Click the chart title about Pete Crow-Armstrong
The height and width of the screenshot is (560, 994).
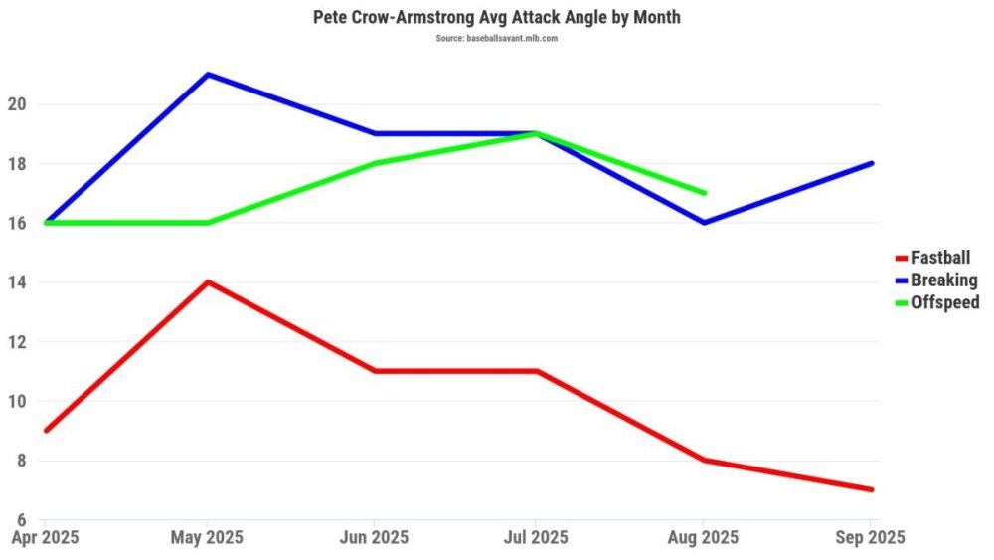[497, 18]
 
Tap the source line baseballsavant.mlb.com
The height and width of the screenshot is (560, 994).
[496, 38]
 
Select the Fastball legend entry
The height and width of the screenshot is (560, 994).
[939, 258]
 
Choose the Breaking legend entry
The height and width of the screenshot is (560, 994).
[943, 280]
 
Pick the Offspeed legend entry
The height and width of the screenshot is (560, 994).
[944, 302]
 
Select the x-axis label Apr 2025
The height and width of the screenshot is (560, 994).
[45, 538]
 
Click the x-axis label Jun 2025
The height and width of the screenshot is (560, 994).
[373, 538]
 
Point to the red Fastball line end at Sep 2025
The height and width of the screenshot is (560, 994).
[871, 489]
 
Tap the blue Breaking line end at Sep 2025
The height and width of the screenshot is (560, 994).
[871, 163]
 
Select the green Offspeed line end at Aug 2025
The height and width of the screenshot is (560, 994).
[704, 193]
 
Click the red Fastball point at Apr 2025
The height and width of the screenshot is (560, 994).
[46, 430]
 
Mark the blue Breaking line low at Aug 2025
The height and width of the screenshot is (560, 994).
[704, 222]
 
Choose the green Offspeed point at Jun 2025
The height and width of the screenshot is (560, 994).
[373, 163]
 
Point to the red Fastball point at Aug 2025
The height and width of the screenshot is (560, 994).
[704, 460]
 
